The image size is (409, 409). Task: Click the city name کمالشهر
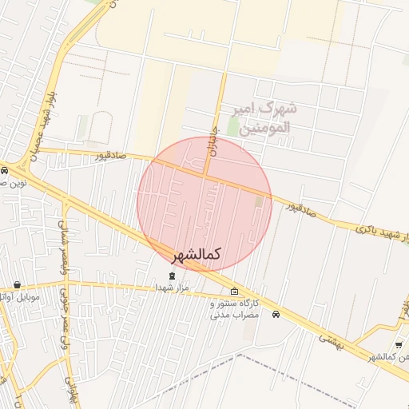point(197,255)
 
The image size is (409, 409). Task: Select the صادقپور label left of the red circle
point(111,155)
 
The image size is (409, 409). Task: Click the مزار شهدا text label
point(171,287)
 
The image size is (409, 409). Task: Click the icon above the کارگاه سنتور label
point(233,292)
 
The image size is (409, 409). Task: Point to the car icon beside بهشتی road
point(276,314)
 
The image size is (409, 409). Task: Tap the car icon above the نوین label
point(4,171)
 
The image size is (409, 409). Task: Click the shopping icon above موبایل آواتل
point(17,285)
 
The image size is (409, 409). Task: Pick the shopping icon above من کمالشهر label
point(399,344)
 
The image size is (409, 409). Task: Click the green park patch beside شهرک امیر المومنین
point(233,126)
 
